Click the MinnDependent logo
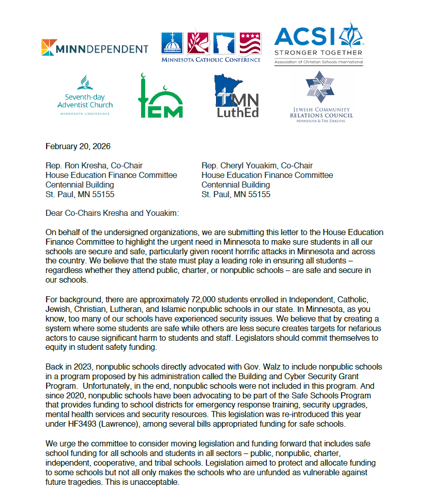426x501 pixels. point(95,49)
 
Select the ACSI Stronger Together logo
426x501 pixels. point(318,43)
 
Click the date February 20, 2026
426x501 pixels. point(78,147)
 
